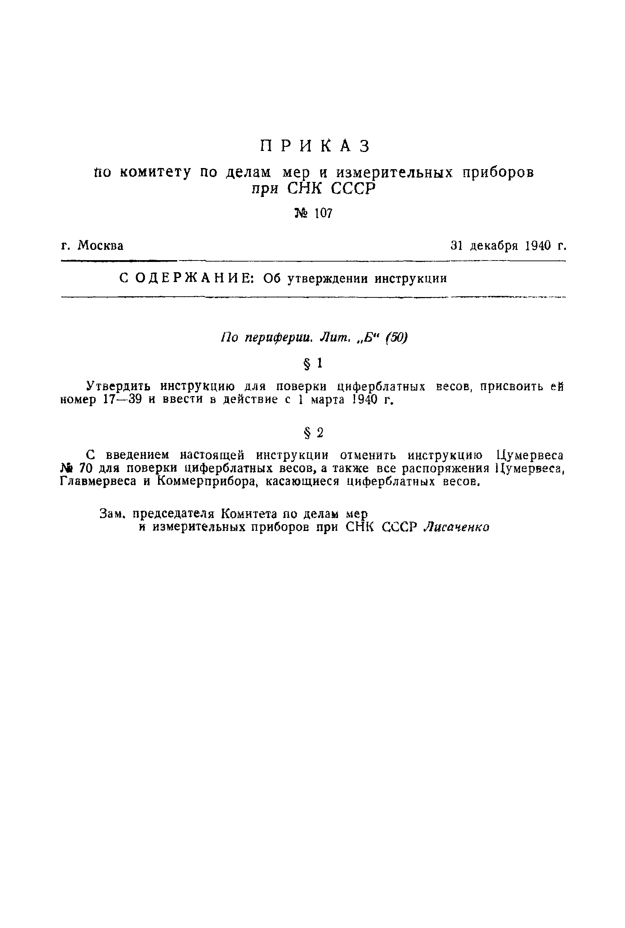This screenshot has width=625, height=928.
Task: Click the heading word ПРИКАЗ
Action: point(315,147)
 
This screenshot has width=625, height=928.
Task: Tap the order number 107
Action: point(323,214)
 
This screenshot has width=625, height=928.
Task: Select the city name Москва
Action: point(100,246)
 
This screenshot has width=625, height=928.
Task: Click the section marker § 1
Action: point(313,363)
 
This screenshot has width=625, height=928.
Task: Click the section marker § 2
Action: point(313,433)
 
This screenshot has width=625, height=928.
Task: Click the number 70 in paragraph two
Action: point(86,468)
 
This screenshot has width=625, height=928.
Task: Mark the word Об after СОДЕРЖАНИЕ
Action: point(272,278)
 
